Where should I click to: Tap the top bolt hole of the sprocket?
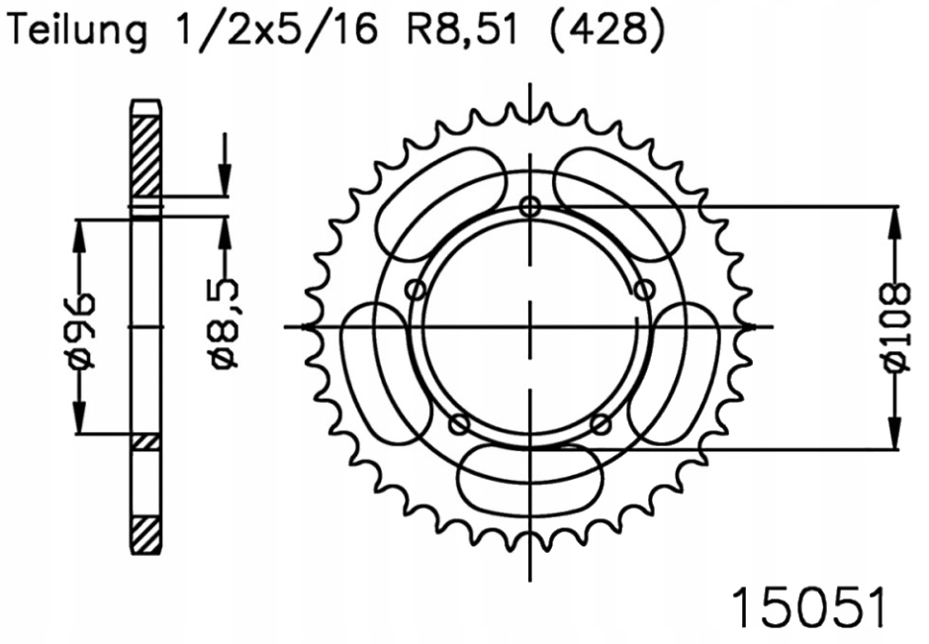[x=531, y=206]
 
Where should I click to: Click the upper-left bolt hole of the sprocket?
[x=417, y=290]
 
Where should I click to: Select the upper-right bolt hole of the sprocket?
[x=646, y=290]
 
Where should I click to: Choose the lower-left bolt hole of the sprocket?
[x=459, y=424]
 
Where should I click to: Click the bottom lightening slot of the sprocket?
[x=531, y=482]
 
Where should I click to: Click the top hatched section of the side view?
[x=144, y=158]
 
